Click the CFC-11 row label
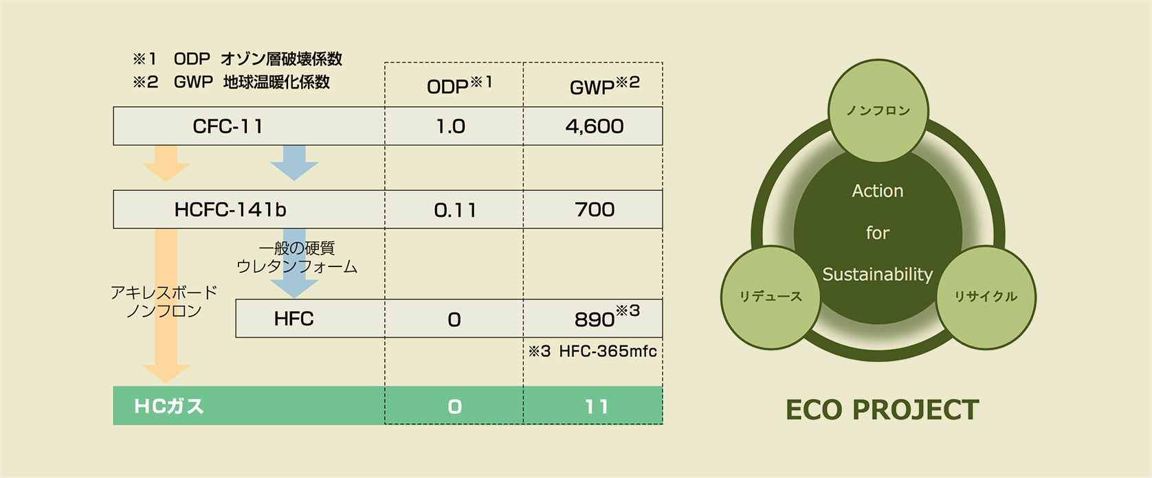228,126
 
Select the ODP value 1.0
451,126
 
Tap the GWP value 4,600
595,126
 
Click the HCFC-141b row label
230,209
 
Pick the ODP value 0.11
454,210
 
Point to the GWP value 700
595,209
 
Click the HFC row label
293,319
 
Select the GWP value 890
595,319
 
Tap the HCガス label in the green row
169,407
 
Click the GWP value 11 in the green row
596,407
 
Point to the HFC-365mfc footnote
592,352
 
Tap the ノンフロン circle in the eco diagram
878,111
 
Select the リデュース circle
771,297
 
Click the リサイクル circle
985,297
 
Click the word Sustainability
877,275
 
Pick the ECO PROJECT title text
882,410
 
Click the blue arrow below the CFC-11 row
294,163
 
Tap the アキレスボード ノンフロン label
164,302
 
